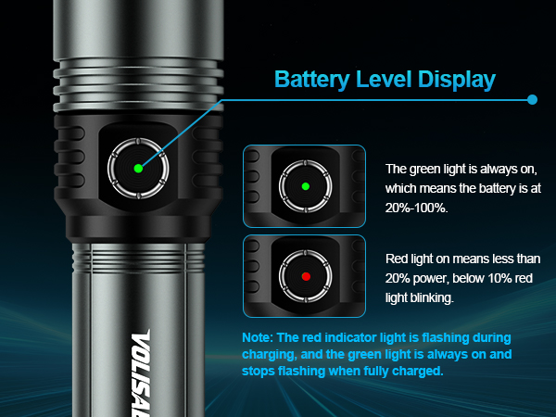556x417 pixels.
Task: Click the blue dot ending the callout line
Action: pyautogui.click(x=532, y=99)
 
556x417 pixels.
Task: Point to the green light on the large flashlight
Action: pyautogui.click(x=137, y=168)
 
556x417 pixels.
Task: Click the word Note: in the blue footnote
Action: pyautogui.click(x=256, y=338)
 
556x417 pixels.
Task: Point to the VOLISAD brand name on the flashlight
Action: pyautogui.click(x=145, y=371)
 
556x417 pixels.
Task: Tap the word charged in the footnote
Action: pyautogui.click(x=419, y=372)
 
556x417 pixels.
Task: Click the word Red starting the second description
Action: pyautogui.click(x=398, y=259)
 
